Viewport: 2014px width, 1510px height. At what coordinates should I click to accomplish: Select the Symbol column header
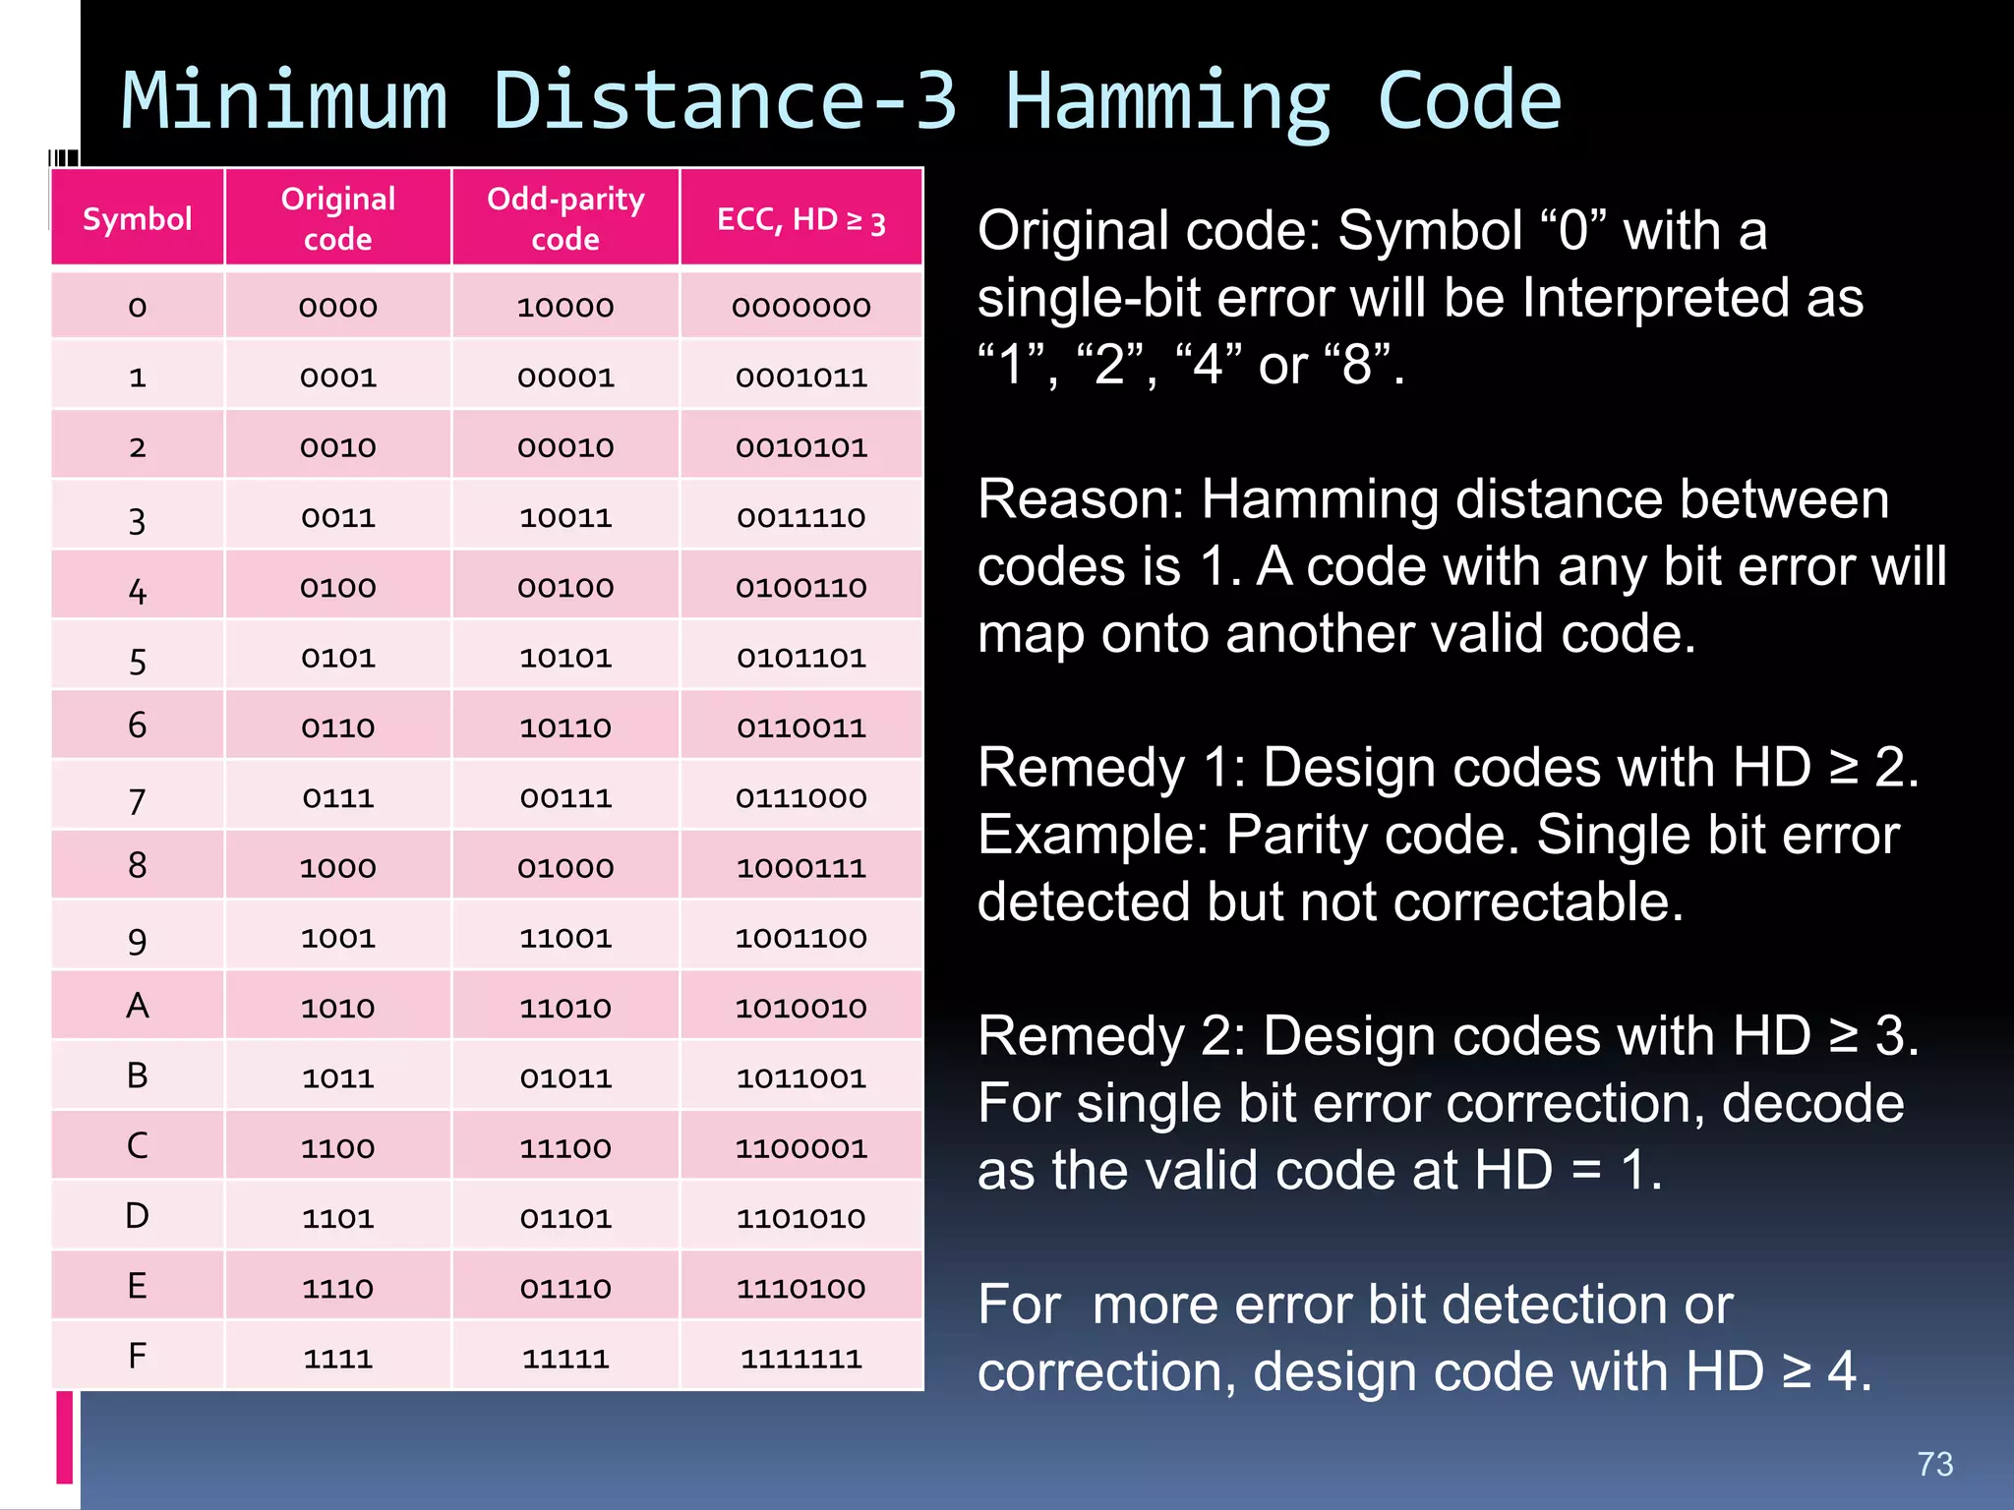(x=138, y=218)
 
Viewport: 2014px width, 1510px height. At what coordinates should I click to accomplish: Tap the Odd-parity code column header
(x=565, y=218)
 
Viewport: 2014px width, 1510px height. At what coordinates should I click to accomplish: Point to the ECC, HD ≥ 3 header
(x=800, y=219)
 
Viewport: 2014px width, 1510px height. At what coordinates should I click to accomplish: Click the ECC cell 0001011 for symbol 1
(x=800, y=377)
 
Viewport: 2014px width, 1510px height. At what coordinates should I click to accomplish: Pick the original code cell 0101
(x=338, y=658)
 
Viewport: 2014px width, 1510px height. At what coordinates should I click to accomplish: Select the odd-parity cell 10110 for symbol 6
(x=565, y=728)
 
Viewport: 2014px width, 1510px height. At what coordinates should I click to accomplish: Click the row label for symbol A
(x=138, y=1006)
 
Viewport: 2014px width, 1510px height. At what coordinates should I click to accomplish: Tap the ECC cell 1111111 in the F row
(x=800, y=1359)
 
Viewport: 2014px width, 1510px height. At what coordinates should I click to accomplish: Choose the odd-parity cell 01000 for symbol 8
(x=565, y=868)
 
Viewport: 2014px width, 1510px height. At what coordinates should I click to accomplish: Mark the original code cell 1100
(x=338, y=1148)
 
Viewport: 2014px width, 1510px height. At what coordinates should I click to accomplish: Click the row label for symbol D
(x=138, y=1216)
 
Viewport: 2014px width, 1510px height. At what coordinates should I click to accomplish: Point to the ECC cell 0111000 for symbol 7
(x=800, y=798)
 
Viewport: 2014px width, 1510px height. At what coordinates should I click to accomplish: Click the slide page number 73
(x=1934, y=1464)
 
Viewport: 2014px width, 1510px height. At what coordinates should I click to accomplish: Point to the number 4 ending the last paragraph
(x=1841, y=1371)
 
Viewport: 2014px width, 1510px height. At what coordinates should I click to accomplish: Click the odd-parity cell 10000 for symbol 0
(x=565, y=308)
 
